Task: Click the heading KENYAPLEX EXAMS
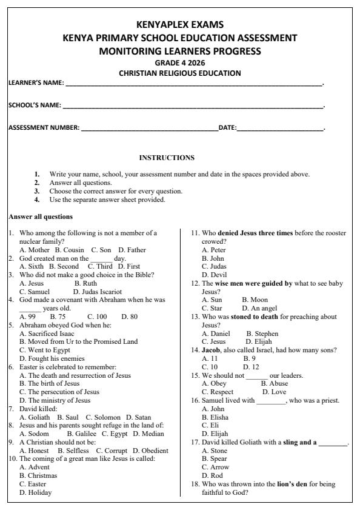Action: coord(180,25)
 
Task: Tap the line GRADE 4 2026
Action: coord(180,62)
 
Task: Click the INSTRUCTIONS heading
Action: coord(167,158)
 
